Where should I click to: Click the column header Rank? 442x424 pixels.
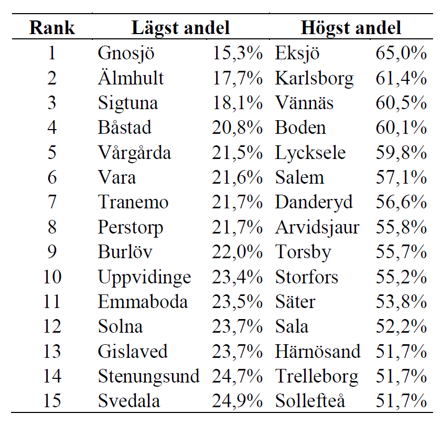pyautogui.click(x=52, y=28)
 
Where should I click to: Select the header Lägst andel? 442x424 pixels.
pyautogui.click(x=181, y=28)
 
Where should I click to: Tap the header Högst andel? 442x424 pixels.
pyautogui.click(x=351, y=28)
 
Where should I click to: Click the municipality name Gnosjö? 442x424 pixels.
pyautogui.click(x=126, y=54)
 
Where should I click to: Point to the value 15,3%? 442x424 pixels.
pyautogui.click(x=237, y=54)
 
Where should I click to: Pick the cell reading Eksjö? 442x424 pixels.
pyautogui.click(x=297, y=54)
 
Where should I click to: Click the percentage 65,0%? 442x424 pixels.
pyautogui.click(x=401, y=54)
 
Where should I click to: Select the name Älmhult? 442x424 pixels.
pyautogui.click(x=131, y=78)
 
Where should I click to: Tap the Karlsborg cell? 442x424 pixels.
pyautogui.click(x=314, y=78)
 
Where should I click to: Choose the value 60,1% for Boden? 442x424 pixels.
pyautogui.click(x=401, y=128)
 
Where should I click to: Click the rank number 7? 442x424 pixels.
pyautogui.click(x=52, y=203)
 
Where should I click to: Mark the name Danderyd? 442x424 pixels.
pyautogui.click(x=314, y=203)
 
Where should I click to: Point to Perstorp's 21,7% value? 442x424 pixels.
pyautogui.click(x=237, y=227)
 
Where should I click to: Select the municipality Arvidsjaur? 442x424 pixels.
pyautogui.click(x=317, y=227)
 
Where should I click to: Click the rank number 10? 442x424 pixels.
pyautogui.click(x=52, y=277)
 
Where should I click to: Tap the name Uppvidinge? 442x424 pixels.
pyautogui.click(x=144, y=277)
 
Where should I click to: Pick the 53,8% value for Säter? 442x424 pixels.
pyautogui.click(x=401, y=302)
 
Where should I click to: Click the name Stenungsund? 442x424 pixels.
pyautogui.click(x=148, y=376)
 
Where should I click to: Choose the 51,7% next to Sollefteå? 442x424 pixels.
pyautogui.click(x=401, y=401)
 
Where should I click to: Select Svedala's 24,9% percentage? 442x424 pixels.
pyautogui.click(x=237, y=401)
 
